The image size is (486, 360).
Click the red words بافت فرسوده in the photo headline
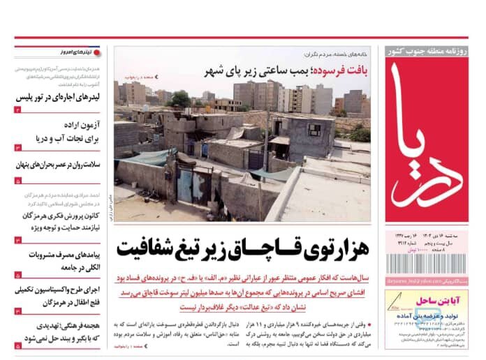click(x=341, y=72)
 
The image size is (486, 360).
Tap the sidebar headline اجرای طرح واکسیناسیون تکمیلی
click(x=59, y=289)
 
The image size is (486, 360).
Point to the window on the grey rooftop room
click(x=312, y=130)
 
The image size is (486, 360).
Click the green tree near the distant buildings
click(x=180, y=99)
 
